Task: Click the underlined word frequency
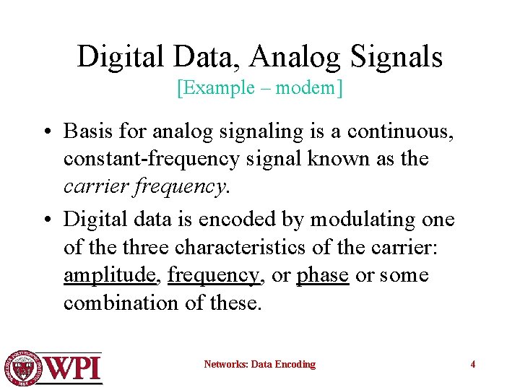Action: (213, 275)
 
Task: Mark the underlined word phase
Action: (323, 275)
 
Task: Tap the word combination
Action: (123, 303)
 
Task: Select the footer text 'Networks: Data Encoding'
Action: (259, 364)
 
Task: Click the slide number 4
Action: (473, 364)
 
